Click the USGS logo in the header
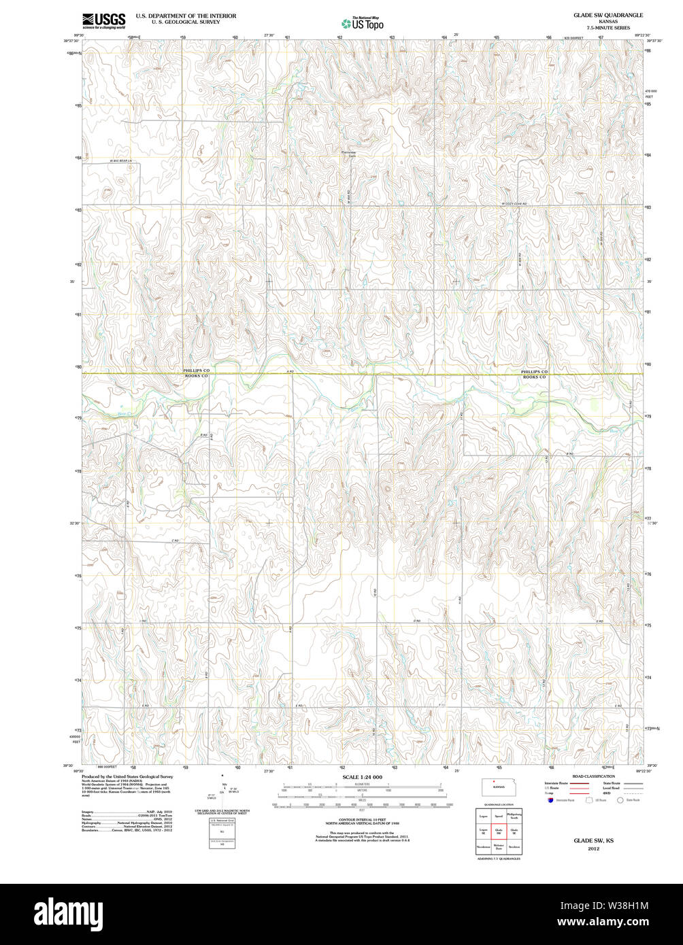tap(103, 21)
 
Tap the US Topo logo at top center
tap(363, 24)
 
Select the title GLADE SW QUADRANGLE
tap(607, 15)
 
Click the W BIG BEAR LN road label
tap(120, 160)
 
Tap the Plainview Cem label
tap(348, 154)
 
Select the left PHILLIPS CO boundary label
tap(197, 371)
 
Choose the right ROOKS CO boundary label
tap(534, 377)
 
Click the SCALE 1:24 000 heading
tap(362, 777)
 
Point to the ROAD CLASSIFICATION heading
tap(593, 776)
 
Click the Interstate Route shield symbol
tap(550, 800)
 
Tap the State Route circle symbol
tap(620, 800)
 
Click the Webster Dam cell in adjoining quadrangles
tap(499, 847)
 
